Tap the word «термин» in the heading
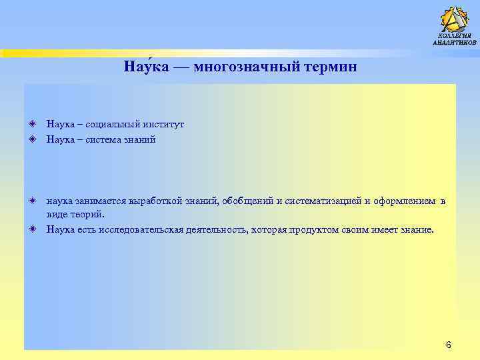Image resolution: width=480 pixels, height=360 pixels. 331,67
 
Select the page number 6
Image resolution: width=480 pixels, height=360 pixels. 448,345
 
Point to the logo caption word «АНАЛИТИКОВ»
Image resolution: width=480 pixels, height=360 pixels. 455,43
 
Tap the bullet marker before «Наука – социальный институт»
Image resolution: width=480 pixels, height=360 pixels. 32,124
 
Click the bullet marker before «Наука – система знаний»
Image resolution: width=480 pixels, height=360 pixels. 32,139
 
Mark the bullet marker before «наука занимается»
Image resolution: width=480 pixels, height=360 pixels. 32,201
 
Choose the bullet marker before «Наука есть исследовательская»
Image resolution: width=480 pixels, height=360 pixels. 32,229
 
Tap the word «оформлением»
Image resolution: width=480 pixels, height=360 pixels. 403,201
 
